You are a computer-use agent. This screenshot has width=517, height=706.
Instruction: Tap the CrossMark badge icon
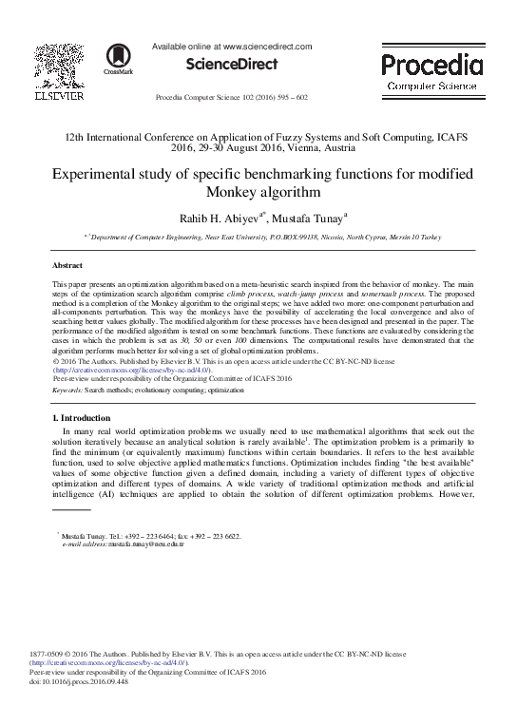118,58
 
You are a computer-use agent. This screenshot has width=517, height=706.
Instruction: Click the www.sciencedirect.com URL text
267,46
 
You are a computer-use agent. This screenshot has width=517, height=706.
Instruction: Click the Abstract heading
67,267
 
